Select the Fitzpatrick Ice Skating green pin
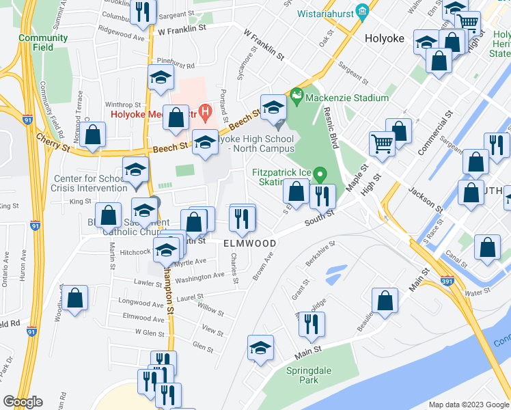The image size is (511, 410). pos(319,176)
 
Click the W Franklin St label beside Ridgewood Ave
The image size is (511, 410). pos(182,29)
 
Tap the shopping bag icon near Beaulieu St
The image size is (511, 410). pos(385,300)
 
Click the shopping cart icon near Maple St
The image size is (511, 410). pos(382,143)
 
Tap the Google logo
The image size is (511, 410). pos(23,402)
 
